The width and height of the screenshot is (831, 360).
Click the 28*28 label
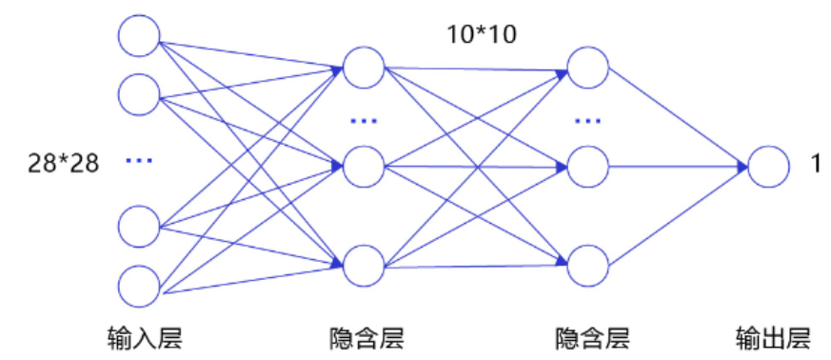(x=64, y=163)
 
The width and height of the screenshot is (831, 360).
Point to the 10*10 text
(x=482, y=35)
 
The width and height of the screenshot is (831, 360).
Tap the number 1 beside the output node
(x=815, y=164)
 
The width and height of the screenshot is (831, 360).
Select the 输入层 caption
(x=145, y=337)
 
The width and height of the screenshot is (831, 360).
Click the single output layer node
(x=768, y=168)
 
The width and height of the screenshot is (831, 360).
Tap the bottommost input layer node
(x=138, y=286)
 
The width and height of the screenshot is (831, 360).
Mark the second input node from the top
(x=138, y=93)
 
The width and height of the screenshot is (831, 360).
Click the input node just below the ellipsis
(x=138, y=226)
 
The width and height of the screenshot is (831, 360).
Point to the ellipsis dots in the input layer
(x=139, y=161)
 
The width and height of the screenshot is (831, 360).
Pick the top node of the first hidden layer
(x=364, y=68)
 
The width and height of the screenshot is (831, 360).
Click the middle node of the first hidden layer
(x=364, y=167)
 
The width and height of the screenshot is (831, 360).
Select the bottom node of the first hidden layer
(x=364, y=266)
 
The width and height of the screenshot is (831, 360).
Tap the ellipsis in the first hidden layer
(x=364, y=121)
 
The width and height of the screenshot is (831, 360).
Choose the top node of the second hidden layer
(x=587, y=68)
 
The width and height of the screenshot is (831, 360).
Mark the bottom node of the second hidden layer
(x=587, y=266)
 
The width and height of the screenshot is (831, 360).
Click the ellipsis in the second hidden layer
(x=587, y=121)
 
